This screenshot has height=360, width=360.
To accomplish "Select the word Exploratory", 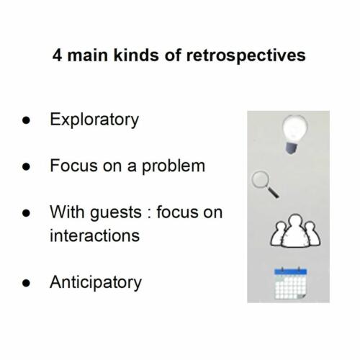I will coord(94,120).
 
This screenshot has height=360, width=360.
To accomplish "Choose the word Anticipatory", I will coord(95,282).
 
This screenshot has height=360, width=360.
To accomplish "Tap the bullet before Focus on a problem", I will coord(27,167).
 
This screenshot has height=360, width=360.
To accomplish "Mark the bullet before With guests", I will coord(27,214).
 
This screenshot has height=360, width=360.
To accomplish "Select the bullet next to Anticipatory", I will coord(27,283).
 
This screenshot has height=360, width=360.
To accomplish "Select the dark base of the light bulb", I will coord(292,146).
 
